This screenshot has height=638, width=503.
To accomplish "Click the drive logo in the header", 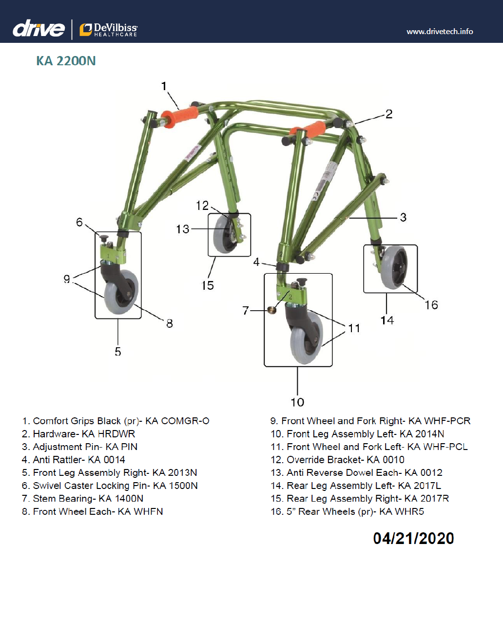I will pyautogui.click(x=39, y=29).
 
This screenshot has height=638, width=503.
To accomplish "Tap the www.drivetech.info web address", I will pyautogui.click(x=440, y=31).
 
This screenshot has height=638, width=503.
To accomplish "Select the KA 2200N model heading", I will pyautogui.click(x=66, y=61).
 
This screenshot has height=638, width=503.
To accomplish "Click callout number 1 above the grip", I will pyautogui.click(x=164, y=86).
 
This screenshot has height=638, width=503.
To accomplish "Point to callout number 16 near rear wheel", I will pyautogui.click(x=431, y=305).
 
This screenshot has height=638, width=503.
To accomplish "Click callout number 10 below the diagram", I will pyautogui.click(x=297, y=402).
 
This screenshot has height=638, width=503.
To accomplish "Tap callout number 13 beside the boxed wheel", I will pyautogui.click(x=183, y=229).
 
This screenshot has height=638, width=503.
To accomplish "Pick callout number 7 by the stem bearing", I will pyautogui.click(x=246, y=310).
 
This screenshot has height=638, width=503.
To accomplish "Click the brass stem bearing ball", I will pyautogui.click(x=272, y=310).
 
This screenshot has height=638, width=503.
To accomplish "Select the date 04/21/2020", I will pyautogui.click(x=413, y=538).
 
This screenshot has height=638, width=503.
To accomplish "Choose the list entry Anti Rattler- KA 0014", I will pyautogui.click(x=74, y=460).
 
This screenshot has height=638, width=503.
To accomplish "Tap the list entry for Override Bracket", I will pyautogui.click(x=337, y=460).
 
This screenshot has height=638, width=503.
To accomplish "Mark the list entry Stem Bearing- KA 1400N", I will pyautogui.click(x=83, y=498).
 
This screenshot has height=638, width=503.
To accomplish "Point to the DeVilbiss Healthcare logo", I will pyautogui.click(x=109, y=30).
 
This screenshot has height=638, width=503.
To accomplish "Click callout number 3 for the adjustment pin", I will pyautogui.click(x=403, y=217).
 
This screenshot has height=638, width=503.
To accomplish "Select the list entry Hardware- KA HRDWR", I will pyautogui.click(x=78, y=434).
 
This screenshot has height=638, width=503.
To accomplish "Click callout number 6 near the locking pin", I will pyautogui.click(x=79, y=222).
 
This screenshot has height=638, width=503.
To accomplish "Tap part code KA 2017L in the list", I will pyautogui.click(x=420, y=486).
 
